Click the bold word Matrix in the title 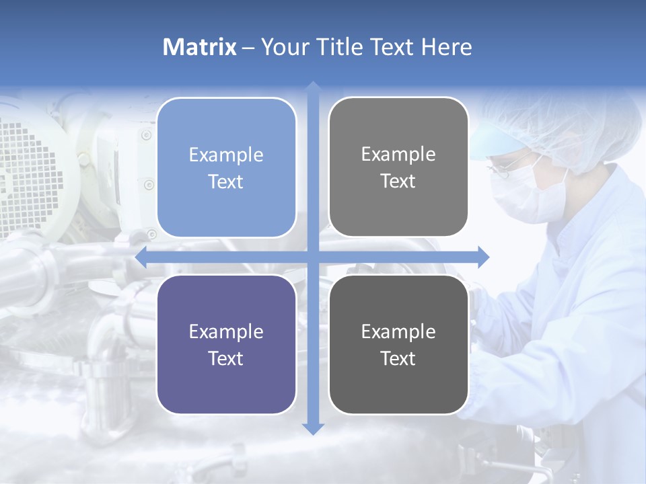coord(200,47)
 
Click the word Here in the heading coord(447,47)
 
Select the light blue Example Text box coord(226,167)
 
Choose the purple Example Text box coord(226,344)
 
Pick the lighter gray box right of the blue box coord(398,167)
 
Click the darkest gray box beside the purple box coord(398,344)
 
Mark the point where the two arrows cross coord(312,257)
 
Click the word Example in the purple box coord(226,331)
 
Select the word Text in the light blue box coord(226,182)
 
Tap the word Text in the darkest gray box coord(398,358)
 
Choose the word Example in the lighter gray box coord(398,154)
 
